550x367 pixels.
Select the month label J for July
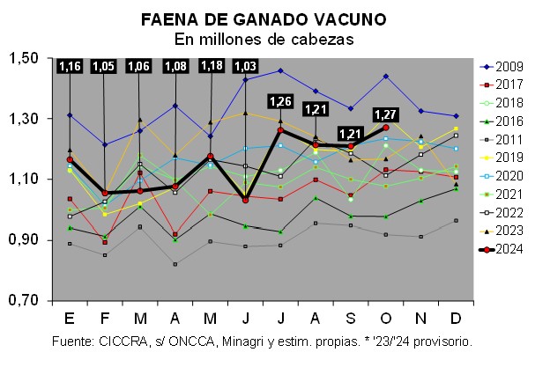pyautogui.click(x=281, y=318)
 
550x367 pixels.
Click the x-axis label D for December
pyautogui.click(x=456, y=318)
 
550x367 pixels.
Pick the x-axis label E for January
pyautogui.click(x=70, y=318)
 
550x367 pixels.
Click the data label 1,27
pyautogui.click(x=386, y=114)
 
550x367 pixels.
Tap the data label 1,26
pyautogui.click(x=280, y=100)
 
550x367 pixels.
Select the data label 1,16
pyautogui.click(x=70, y=66)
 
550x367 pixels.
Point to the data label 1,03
pyautogui.click(x=246, y=66)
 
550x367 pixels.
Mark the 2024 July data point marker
pyautogui.click(x=281, y=130)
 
